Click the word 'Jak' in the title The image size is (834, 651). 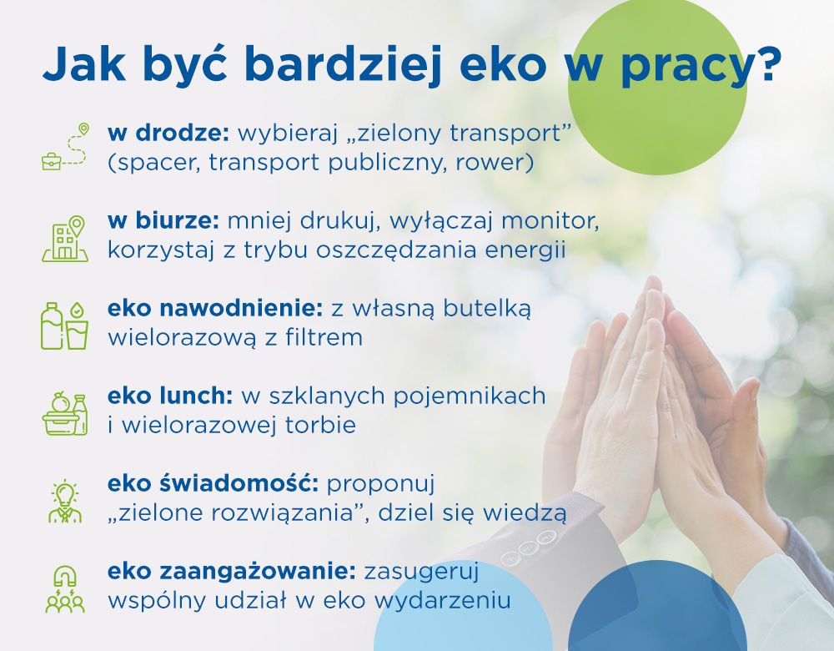click(84, 64)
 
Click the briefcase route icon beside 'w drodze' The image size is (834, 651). click(65, 146)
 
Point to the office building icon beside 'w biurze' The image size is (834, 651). click(65, 239)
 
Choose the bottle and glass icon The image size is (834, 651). click(64, 325)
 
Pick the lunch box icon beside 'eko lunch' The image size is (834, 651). click(65, 414)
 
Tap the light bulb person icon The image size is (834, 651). click(65, 502)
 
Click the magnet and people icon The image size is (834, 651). click(65, 589)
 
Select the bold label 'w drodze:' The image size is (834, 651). click(168, 133)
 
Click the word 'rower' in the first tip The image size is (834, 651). click(494, 163)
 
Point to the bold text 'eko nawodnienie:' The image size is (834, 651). click(215, 308)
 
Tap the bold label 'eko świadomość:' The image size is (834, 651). click(213, 484)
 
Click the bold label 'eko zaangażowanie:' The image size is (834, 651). click(231, 572)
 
